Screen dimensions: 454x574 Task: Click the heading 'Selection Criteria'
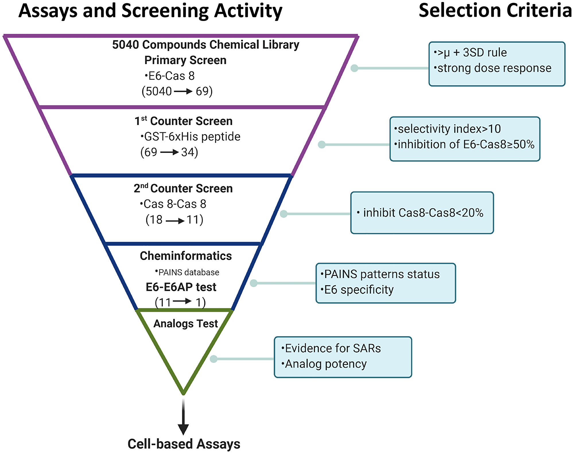[495, 11]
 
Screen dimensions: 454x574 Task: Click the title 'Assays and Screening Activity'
[150, 11]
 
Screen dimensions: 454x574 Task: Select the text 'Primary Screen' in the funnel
[185, 60]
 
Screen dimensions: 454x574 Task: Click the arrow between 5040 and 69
[183, 92]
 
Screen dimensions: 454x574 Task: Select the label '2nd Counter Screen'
[183, 189]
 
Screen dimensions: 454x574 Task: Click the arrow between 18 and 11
[175, 221]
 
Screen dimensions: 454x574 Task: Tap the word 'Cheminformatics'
[186, 256]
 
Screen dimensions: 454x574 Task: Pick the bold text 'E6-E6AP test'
[181, 287]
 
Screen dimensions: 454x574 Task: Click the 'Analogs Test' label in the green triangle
[186, 324]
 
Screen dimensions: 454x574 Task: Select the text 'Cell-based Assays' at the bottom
[184, 444]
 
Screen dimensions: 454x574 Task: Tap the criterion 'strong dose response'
[494, 68]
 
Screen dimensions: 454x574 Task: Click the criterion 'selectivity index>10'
[449, 129]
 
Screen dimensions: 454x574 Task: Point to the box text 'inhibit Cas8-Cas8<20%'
[423, 213]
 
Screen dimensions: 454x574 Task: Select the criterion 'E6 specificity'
[358, 290]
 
